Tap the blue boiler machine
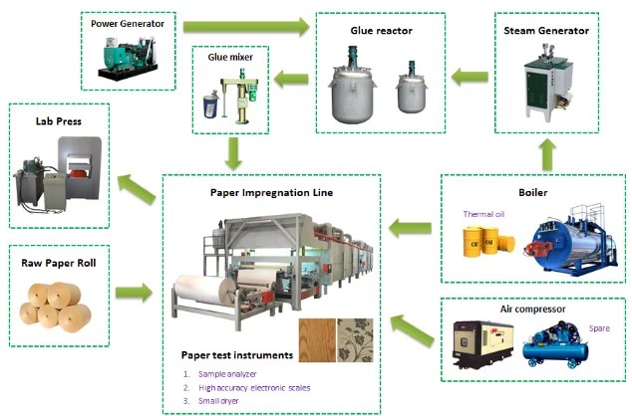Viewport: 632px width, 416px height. coord(565,238)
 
